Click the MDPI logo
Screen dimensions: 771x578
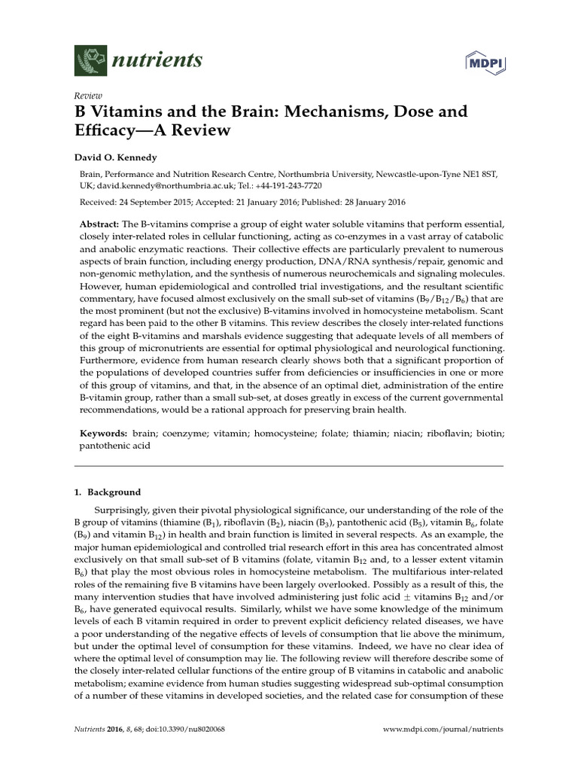[x=485, y=62]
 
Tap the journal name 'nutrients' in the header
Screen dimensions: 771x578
[x=158, y=61]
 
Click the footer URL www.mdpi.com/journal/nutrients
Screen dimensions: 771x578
[x=443, y=729]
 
